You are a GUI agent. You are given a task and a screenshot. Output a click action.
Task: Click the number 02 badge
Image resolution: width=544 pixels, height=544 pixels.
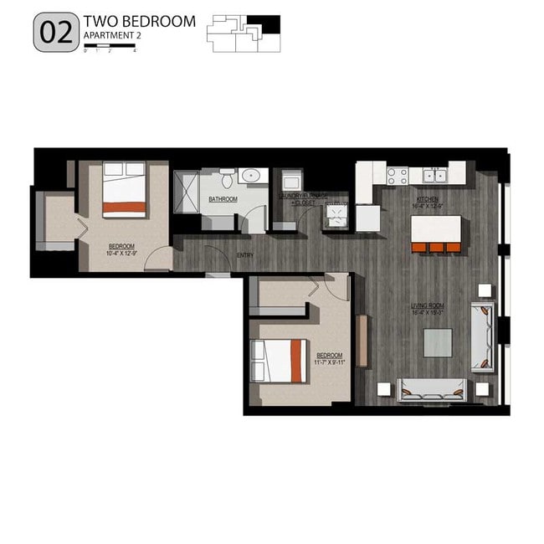55,33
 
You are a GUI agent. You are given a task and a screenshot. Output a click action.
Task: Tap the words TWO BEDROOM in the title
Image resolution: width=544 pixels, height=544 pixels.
139,21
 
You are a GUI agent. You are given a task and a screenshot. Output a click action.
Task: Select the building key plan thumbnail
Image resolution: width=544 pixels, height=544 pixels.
245,33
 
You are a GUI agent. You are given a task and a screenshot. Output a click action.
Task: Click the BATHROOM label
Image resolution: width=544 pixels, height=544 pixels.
223,199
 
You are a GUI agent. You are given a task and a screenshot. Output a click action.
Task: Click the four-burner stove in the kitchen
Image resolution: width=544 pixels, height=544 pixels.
397,176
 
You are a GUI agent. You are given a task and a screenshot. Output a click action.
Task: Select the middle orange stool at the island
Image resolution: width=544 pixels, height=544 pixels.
436,247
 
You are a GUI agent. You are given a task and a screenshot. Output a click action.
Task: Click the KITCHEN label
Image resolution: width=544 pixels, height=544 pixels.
428,199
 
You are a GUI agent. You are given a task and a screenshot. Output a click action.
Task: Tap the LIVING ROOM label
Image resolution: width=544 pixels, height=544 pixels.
427,307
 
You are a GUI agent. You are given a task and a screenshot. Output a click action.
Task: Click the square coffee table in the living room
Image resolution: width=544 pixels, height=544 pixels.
438,342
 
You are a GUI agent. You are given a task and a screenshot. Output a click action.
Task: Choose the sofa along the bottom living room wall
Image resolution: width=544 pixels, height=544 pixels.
432,387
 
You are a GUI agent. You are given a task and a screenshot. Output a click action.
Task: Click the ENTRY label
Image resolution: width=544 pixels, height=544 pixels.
245,255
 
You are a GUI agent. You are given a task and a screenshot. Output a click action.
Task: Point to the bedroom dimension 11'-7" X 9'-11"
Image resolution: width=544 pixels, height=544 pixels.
330,362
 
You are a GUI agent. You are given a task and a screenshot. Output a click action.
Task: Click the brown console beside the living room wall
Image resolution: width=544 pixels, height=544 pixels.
362,340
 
